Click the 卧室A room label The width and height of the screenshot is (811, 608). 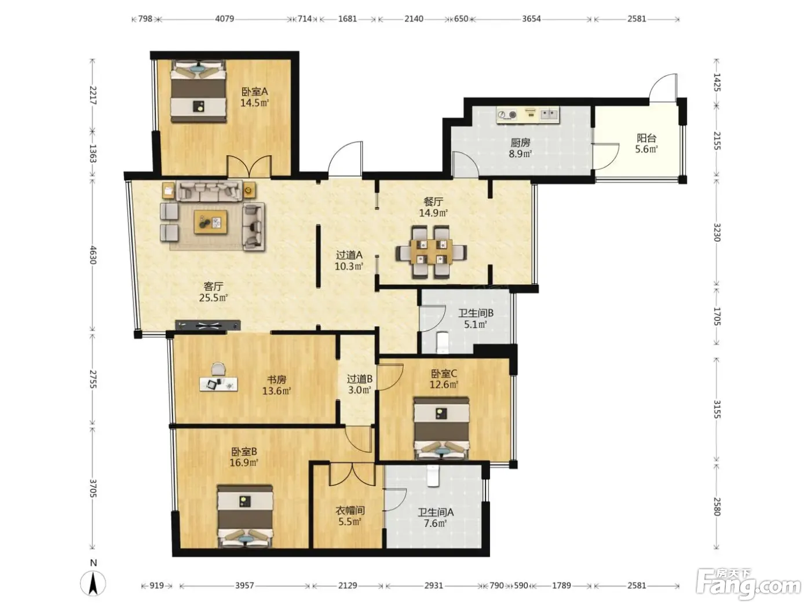pos(254,91)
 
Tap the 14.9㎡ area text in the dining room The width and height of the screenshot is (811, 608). pos(433,213)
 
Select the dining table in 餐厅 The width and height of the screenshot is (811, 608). pos(431,252)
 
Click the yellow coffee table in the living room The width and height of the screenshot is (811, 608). pos(211,222)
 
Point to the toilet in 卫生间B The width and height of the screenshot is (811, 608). pos(443,342)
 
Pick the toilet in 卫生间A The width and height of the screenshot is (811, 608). pos(432,475)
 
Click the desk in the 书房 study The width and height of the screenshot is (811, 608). pos(218,384)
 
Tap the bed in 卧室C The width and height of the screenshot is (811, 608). pos(441,428)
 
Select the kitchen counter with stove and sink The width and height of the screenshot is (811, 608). pos(528,115)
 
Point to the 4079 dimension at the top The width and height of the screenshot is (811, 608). pos(225,19)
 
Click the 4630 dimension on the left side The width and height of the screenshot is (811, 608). pos(93,255)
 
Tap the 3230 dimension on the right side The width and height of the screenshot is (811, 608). pos(717,232)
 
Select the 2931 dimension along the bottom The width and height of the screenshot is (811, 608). pos(433,585)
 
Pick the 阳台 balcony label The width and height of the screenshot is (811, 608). pos(646,138)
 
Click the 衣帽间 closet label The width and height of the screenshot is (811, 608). pos(350,511)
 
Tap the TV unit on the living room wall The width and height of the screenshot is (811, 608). pos(207,325)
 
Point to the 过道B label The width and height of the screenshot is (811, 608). pos(359,379)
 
